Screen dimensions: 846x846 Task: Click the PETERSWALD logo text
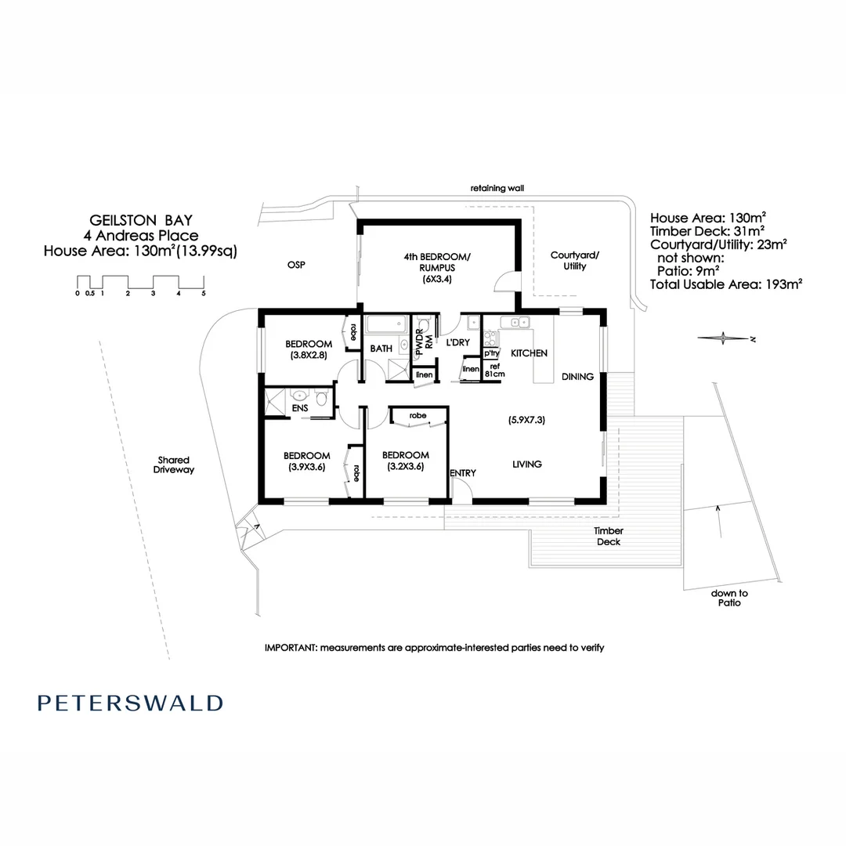(130, 703)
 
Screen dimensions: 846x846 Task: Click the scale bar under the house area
(140, 283)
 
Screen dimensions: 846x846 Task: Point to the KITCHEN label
(529, 353)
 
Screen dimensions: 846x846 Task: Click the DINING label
(577, 377)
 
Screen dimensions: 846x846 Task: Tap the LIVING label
(527, 465)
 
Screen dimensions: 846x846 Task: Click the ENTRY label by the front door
(463, 473)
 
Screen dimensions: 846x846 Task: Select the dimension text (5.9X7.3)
(526, 420)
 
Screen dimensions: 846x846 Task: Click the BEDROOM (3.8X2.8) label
(308, 349)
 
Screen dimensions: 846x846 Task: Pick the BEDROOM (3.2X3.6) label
(405, 461)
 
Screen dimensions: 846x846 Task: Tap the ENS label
(300, 408)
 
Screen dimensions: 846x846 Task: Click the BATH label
(381, 349)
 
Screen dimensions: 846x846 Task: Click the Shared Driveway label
(174, 465)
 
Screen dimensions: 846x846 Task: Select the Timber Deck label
(608, 537)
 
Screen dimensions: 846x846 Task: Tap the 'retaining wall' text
(497, 189)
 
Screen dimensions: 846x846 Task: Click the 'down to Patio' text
(729, 598)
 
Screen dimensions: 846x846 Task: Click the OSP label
(295, 266)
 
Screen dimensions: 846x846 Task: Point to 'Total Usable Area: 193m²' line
(726, 284)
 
